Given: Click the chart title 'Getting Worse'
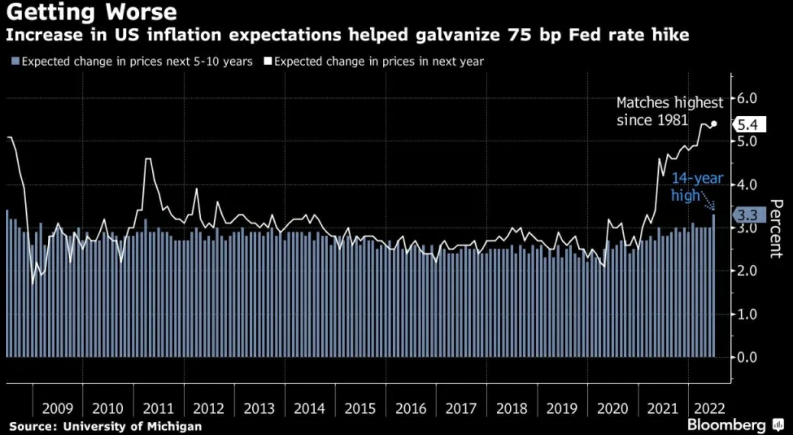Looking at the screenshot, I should tap(91, 13).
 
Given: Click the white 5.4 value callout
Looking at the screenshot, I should tap(748, 125).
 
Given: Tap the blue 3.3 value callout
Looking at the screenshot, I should tap(748, 215).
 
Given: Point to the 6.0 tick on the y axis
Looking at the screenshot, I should tap(747, 98).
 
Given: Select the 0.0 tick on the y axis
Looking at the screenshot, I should tap(747, 357).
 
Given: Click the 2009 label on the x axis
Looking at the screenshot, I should tap(58, 409).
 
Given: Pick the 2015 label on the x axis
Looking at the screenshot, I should tap(360, 409).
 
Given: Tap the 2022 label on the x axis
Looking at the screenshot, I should tap(710, 409).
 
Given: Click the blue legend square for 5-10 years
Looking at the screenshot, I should tap(16, 62).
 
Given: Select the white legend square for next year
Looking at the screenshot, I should tap(268, 62).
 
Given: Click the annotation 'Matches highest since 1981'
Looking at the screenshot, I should tap(669, 111).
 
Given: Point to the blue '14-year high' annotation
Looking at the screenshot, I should tap(697, 187).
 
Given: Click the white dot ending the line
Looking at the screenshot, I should tap(714, 124).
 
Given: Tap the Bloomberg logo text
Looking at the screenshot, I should tap(726, 425).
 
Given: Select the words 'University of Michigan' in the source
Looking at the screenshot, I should tap(132, 426).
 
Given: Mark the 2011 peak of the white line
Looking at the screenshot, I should tap(148, 159).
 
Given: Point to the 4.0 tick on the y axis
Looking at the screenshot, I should tap(747, 185).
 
